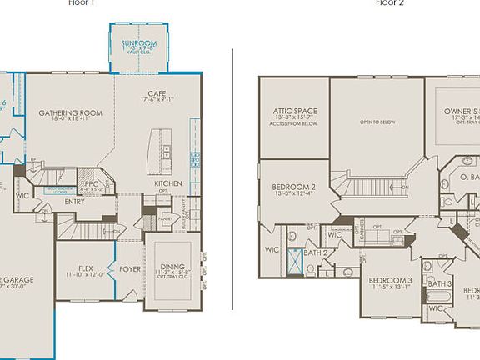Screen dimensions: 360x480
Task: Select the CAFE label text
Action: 157,93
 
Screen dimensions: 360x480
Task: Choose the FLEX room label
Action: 86,268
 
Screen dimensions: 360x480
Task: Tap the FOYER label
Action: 129,269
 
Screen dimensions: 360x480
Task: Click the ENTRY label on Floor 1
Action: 75,201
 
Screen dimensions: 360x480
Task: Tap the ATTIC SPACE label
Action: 294,110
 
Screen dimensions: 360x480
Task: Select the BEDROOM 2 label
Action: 293,187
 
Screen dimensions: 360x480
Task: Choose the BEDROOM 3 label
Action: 392,279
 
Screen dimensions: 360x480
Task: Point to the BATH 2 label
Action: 314,252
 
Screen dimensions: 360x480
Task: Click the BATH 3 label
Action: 438,283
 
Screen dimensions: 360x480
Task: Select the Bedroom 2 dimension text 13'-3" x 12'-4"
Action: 293,194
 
